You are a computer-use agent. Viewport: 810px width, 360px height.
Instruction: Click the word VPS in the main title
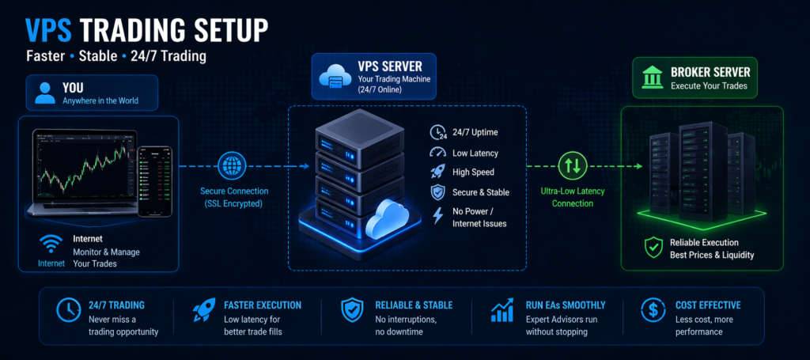point(51,29)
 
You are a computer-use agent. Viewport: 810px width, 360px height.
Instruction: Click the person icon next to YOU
point(45,93)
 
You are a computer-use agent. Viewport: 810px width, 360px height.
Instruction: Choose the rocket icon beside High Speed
point(437,172)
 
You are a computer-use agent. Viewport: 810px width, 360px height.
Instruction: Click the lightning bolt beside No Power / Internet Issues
point(437,215)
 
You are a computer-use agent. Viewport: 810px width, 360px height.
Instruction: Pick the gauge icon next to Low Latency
point(437,152)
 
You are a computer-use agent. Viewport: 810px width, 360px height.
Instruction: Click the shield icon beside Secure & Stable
point(437,192)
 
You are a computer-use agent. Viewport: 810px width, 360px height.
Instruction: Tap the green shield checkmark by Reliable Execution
point(653,248)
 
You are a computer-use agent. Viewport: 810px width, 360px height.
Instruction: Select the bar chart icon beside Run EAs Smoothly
point(502,311)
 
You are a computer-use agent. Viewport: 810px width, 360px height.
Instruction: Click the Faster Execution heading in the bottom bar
point(263,305)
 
